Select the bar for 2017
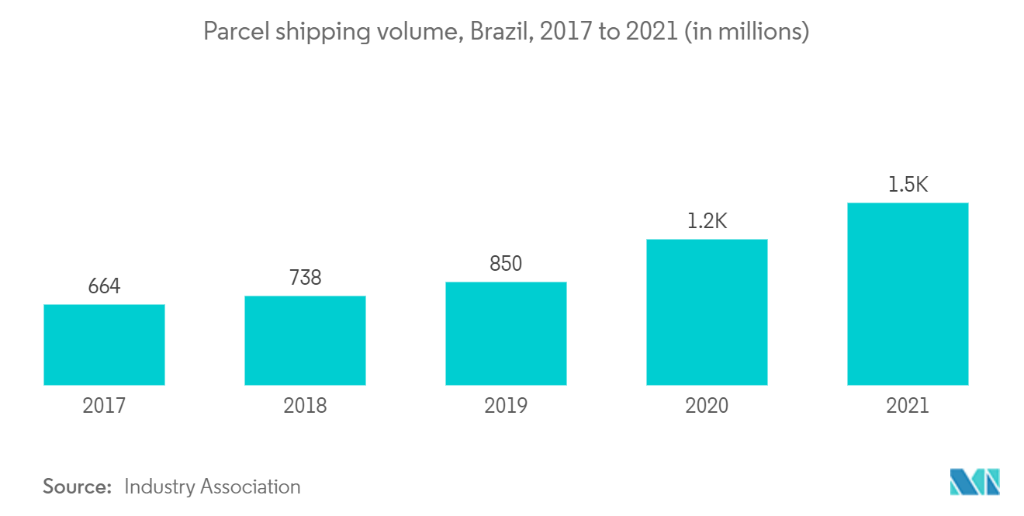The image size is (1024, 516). [x=104, y=345]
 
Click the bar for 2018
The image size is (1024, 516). [x=305, y=341]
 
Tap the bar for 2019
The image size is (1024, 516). [x=506, y=334]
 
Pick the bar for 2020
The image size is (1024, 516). [x=707, y=312]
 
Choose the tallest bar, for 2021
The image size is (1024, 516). [x=908, y=294]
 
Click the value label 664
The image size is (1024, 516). [x=104, y=286]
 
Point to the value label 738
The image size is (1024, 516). [x=305, y=278]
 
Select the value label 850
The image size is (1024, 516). [x=506, y=264]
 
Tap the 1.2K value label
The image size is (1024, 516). [x=707, y=221]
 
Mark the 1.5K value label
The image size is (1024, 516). [x=908, y=185]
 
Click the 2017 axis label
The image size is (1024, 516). [x=104, y=406]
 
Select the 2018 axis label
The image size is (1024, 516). [x=305, y=406]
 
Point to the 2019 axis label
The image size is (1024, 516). [x=506, y=406]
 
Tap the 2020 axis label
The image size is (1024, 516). [x=707, y=406]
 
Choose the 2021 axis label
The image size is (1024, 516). [x=908, y=406]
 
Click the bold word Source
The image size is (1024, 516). [x=78, y=487]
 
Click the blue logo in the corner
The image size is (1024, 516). [x=974, y=482]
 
